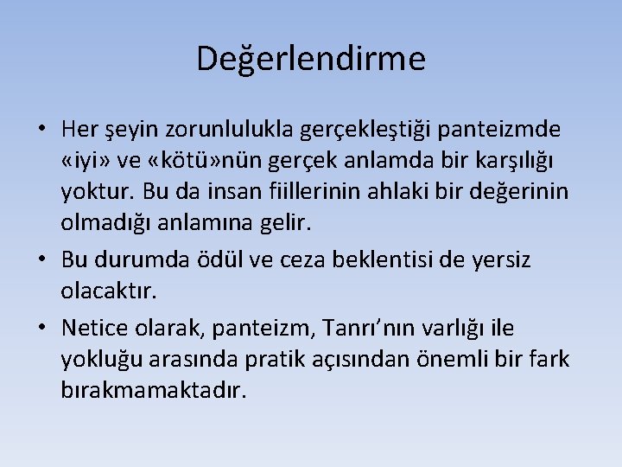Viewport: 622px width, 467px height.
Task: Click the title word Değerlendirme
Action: click(311, 59)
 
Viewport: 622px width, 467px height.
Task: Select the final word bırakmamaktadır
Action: click(154, 390)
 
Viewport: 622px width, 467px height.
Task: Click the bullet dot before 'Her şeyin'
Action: click(41, 131)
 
